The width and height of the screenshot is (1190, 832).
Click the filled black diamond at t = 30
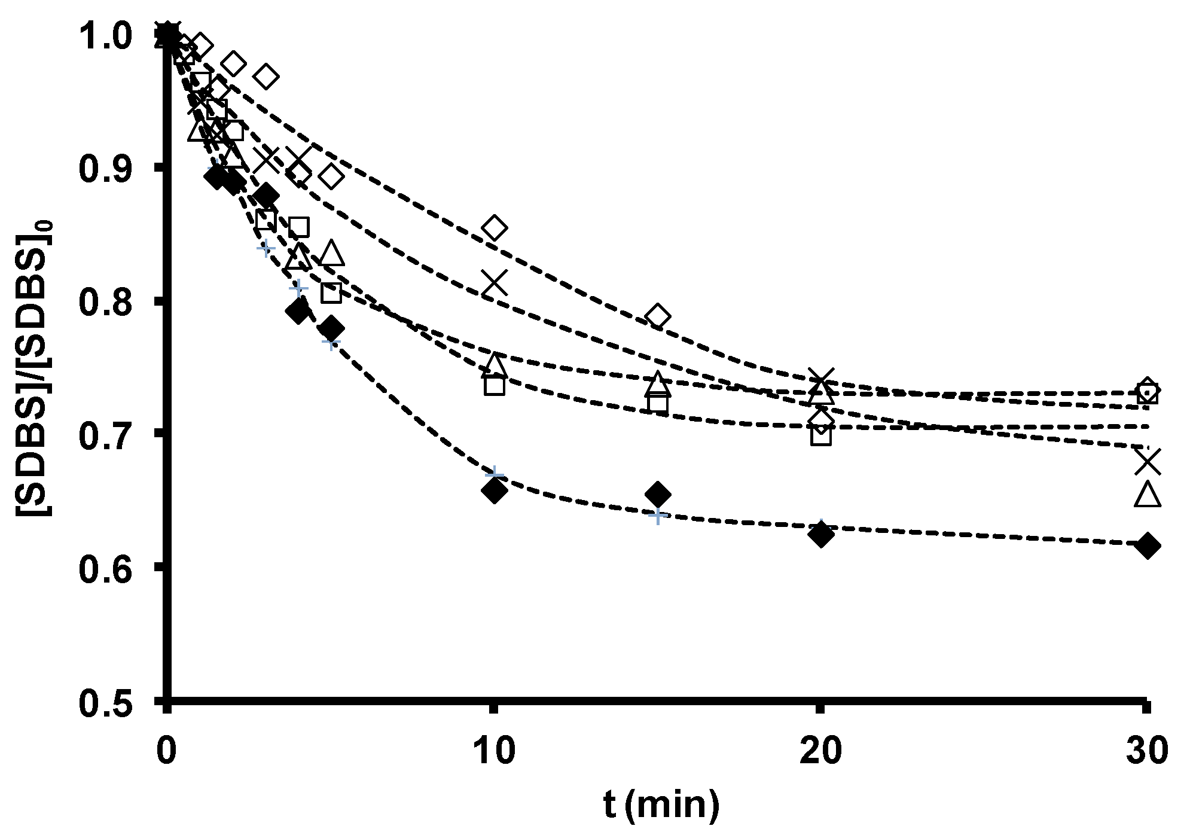click(1147, 546)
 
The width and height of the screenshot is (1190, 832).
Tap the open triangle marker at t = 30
click(1147, 495)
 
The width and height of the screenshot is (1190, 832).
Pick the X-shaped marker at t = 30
click(1147, 461)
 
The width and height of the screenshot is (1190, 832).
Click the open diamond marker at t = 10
click(495, 228)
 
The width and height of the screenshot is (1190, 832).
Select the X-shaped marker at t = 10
click(495, 282)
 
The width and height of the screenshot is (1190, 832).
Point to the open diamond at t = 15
click(658, 316)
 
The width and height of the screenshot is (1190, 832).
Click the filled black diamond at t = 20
click(821, 534)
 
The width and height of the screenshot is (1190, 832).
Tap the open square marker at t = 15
click(658, 403)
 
